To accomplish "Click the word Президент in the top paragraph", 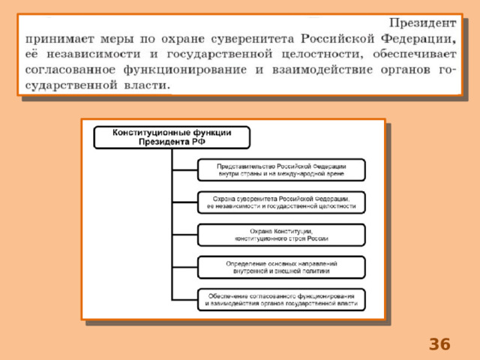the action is tap(423, 23).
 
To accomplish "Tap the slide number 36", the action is tap(439, 344).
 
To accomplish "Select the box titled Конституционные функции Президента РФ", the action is tap(172, 137).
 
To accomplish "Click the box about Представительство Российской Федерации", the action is tap(281, 170).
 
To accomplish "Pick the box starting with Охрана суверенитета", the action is tap(281, 202).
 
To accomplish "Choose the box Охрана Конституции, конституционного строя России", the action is tap(281, 235).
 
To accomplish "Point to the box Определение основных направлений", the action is tap(281, 267).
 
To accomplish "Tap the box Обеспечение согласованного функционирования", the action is tap(281, 300).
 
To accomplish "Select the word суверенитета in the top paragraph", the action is tap(253, 39).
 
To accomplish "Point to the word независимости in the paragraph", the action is tap(93, 54).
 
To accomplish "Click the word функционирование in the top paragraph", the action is tap(185, 70).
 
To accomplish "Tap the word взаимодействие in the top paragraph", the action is tap(322, 70).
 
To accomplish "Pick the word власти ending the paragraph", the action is tap(147, 85).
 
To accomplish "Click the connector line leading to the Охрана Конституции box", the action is tap(185, 235).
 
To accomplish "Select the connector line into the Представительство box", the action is tap(185, 170).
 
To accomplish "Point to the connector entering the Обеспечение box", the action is tap(185, 300).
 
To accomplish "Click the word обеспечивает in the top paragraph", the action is tap(415, 55).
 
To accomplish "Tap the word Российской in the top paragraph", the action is tap(337, 39).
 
